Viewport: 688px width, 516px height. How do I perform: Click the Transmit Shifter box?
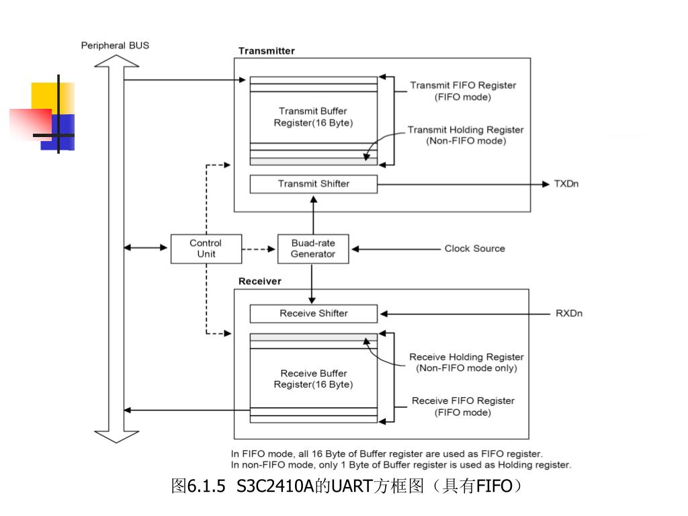pyautogui.click(x=313, y=183)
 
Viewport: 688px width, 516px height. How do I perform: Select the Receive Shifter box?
pyautogui.click(x=313, y=313)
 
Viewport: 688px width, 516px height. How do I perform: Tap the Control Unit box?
pyautogui.click(x=206, y=249)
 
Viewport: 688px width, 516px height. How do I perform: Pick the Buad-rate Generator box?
pyautogui.click(x=313, y=249)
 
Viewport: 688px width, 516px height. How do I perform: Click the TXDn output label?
pyautogui.click(x=566, y=183)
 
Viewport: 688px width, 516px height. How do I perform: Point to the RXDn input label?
pyautogui.click(x=568, y=313)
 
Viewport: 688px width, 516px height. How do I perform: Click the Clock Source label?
pyautogui.click(x=474, y=249)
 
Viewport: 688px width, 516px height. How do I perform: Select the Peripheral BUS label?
pyautogui.click(x=115, y=46)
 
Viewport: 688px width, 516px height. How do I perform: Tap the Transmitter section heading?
pyautogui.click(x=266, y=51)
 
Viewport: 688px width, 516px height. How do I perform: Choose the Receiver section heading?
pyautogui.click(x=260, y=281)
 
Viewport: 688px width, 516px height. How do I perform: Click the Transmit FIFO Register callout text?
pyautogui.click(x=463, y=91)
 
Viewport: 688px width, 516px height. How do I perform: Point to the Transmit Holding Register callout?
pyautogui.click(x=466, y=135)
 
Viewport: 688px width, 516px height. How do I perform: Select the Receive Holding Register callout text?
pyautogui.click(x=466, y=362)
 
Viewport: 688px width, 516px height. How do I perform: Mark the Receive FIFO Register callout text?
pyautogui.click(x=463, y=406)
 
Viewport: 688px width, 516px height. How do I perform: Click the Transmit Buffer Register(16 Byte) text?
pyautogui.click(x=313, y=117)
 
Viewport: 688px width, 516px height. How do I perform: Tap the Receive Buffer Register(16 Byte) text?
pyautogui.click(x=313, y=379)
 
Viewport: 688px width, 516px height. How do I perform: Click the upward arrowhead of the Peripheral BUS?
pyautogui.click(x=116, y=60)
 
